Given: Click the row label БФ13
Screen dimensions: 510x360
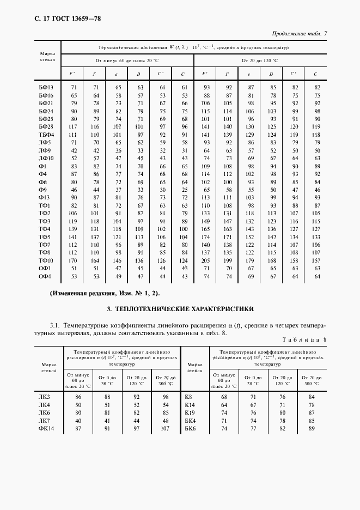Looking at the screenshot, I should [46, 87].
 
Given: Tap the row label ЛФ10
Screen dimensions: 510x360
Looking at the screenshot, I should [45, 158].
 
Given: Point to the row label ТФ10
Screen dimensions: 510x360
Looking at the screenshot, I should [45, 260].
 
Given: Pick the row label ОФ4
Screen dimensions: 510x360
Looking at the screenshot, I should [44, 276].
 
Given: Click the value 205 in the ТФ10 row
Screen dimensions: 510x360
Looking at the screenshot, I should [206, 260].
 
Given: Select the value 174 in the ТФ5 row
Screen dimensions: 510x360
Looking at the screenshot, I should [206, 237].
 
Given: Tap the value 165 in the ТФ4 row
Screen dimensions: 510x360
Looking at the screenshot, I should [206, 229].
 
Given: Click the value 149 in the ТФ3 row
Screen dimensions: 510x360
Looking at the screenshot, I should [206, 221].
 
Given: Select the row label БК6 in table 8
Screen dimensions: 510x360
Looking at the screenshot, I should [190, 429].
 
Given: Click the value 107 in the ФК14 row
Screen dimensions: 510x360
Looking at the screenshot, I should [166, 429].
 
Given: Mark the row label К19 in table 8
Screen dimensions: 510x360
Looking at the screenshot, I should [190, 412].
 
